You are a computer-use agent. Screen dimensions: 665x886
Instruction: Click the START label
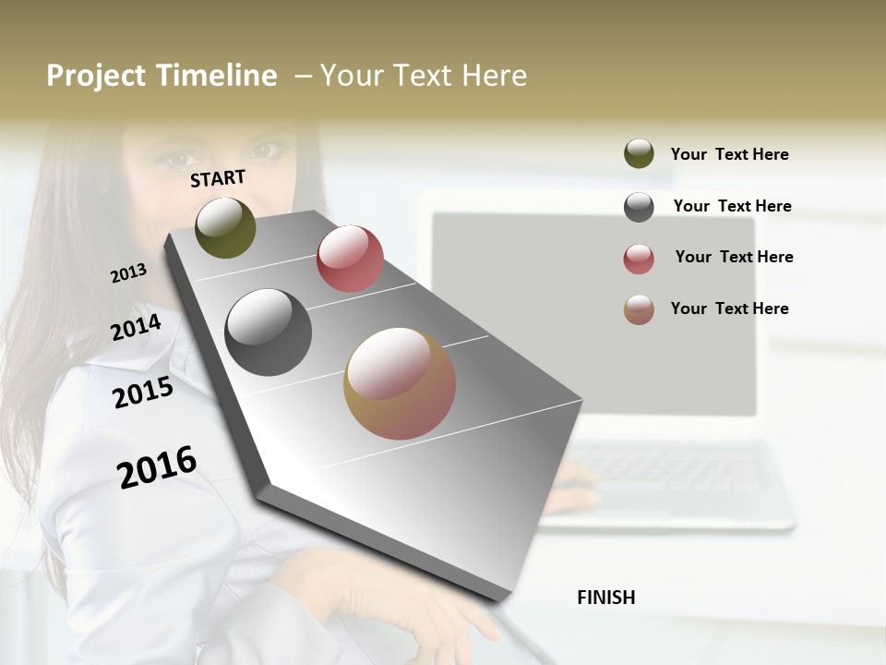[x=218, y=177]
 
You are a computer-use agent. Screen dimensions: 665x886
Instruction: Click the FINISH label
[x=605, y=598]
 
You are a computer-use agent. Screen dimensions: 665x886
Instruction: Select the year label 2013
[x=128, y=273]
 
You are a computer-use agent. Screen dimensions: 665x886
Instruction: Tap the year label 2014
[x=136, y=328]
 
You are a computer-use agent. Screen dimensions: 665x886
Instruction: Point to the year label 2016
[x=157, y=466]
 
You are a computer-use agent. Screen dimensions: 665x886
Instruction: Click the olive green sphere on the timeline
[x=225, y=228]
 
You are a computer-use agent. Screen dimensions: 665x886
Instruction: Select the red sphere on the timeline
[x=350, y=259]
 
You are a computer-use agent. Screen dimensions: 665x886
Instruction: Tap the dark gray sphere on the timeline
[x=269, y=332]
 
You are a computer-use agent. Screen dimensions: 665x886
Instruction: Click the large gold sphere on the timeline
[x=400, y=383]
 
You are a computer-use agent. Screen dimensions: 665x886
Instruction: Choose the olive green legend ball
[x=639, y=154]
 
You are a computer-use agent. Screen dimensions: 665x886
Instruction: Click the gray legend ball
[x=639, y=207]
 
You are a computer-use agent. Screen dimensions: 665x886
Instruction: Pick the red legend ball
[x=639, y=259]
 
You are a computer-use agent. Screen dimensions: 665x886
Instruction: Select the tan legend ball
[x=639, y=309]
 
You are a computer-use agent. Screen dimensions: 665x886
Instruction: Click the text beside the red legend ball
[x=734, y=257]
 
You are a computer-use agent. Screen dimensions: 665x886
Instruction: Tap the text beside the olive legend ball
[x=729, y=154]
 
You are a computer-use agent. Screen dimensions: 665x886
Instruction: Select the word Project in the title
[x=96, y=75]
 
